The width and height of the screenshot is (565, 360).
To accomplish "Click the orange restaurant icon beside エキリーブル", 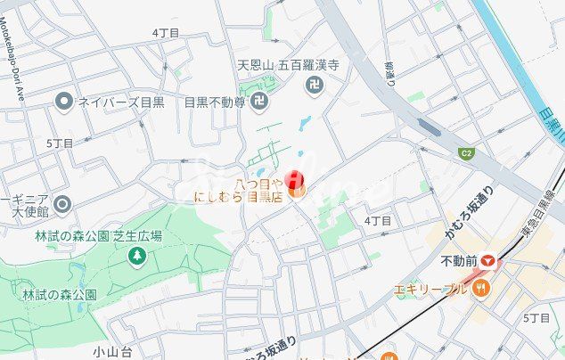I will [482, 289].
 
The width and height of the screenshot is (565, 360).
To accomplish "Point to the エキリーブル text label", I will [431, 289].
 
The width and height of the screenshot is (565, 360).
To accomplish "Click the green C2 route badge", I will [465, 152].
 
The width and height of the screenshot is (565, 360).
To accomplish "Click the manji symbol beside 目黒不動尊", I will [258, 102].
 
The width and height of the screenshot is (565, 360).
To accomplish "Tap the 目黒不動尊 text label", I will [214, 102].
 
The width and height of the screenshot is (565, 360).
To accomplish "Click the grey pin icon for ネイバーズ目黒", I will [63, 102].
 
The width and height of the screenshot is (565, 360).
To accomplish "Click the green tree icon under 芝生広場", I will [136, 257].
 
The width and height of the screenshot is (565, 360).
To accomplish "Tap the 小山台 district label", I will [111, 351].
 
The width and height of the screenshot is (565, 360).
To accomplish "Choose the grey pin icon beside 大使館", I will [61, 205].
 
